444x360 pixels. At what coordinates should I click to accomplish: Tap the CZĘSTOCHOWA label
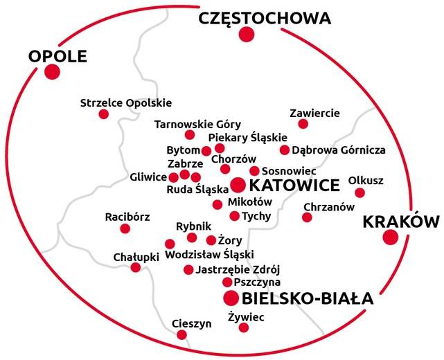tap(264, 19)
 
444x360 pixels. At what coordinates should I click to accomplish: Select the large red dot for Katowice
tap(238, 185)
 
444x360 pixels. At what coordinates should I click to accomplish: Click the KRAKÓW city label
tap(401, 222)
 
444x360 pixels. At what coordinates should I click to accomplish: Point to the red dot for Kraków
tap(391, 237)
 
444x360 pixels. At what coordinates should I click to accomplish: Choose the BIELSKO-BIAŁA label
tap(308, 299)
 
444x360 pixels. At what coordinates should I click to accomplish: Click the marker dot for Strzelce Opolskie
tap(104, 114)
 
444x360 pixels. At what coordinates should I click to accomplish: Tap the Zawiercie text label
tap(314, 111)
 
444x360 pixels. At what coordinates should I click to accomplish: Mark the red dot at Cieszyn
tap(181, 335)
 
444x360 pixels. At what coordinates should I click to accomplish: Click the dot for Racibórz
tap(125, 228)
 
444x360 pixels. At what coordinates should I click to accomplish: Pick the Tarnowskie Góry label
tap(197, 124)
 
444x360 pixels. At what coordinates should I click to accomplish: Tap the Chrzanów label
tap(329, 207)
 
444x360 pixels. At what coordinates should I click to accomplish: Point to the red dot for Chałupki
tap(136, 267)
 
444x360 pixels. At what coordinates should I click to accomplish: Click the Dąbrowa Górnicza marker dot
tap(285, 150)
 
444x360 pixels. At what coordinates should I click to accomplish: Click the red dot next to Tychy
tap(234, 216)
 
